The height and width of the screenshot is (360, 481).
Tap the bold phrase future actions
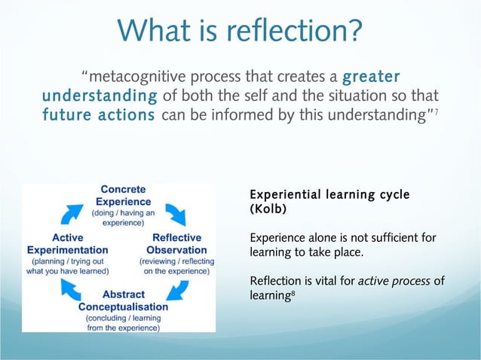(x=99, y=117)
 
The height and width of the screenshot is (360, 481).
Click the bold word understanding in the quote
(x=100, y=97)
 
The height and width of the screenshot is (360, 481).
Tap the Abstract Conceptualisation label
(x=123, y=300)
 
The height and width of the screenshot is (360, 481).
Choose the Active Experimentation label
(x=67, y=244)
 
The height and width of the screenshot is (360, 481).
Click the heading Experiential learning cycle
(x=329, y=195)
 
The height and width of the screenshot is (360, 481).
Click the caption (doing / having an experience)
(x=123, y=218)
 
